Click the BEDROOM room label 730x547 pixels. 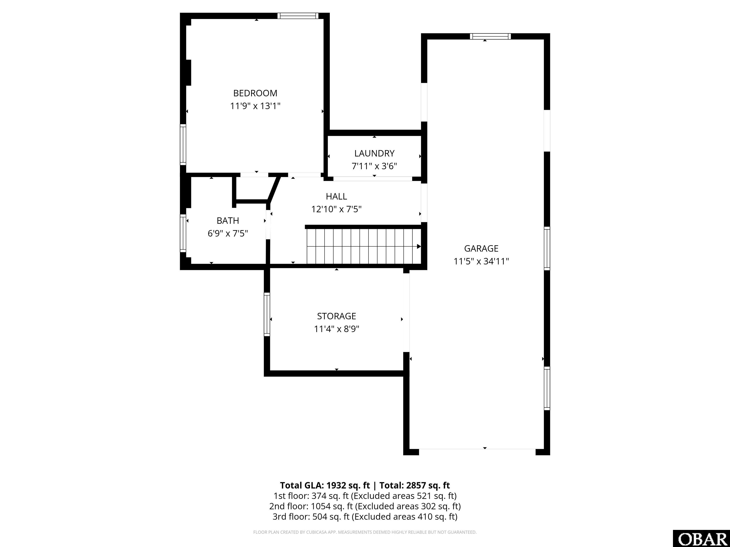pyautogui.click(x=255, y=93)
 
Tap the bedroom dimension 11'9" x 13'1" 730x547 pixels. pyautogui.click(x=255, y=106)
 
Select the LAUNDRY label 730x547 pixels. pyautogui.click(x=374, y=153)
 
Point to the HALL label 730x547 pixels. pyautogui.click(x=336, y=197)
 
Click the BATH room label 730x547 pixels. pyautogui.click(x=228, y=221)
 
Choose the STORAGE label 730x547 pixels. pyautogui.click(x=336, y=316)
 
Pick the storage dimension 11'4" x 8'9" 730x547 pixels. pyautogui.click(x=336, y=329)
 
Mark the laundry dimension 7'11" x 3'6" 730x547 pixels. pyautogui.click(x=374, y=166)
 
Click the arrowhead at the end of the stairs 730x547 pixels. pyautogui.click(x=419, y=246)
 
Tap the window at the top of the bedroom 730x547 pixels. pyautogui.click(x=298, y=16)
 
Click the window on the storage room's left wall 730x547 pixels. pyautogui.click(x=267, y=314)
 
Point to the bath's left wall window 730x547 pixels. pyautogui.click(x=183, y=233)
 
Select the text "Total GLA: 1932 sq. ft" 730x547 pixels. pyautogui.click(x=325, y=485)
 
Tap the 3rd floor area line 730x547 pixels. pyautogui.click(x=365, y=517)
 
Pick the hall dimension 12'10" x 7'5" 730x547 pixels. pyautogui.click(x=336, y=209)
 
